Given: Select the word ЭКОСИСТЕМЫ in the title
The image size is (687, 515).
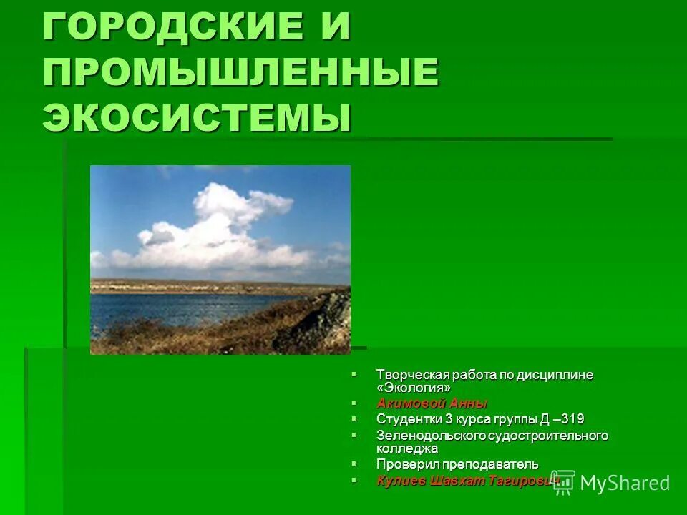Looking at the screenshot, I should point(197,116).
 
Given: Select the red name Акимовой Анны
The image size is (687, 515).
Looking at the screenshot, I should point(432,403).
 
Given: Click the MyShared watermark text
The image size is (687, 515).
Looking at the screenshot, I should point(625,483).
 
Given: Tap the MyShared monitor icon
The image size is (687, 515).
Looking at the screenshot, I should point(563,481).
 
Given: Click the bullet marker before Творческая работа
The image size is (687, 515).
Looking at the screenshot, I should point(354,374).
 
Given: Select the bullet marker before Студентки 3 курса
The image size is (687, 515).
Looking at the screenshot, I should point(354,418).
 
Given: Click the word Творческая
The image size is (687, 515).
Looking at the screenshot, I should point(410,375).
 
